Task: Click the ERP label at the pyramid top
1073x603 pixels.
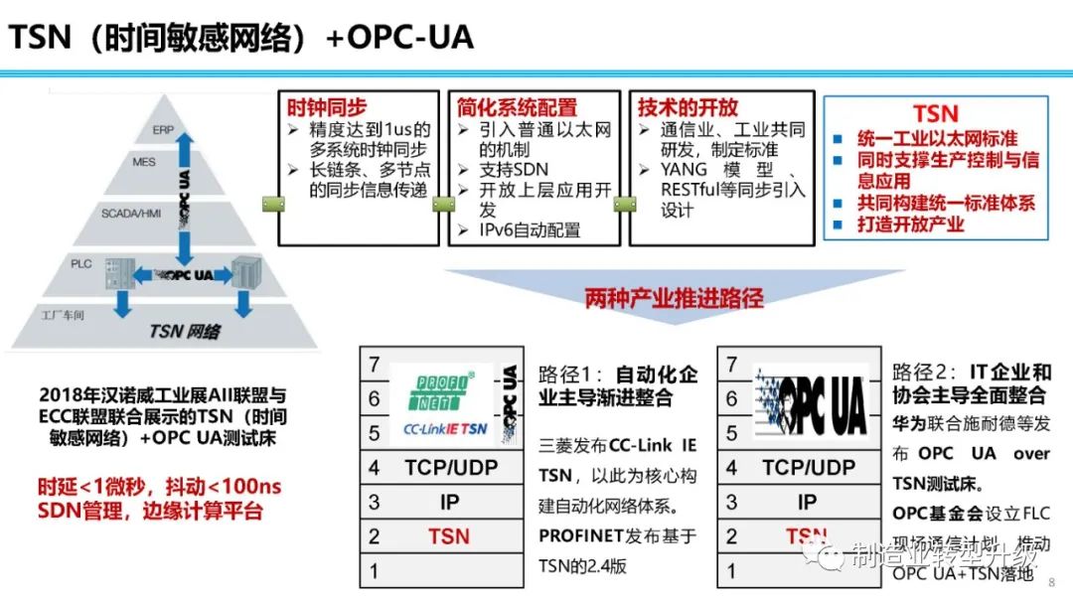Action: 163,130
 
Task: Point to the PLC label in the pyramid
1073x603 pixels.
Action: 81,264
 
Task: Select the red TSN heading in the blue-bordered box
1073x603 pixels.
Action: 935,113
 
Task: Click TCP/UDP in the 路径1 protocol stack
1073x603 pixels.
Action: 450,467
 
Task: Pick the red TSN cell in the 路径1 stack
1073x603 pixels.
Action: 449,536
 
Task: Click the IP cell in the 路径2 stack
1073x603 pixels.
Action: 807,502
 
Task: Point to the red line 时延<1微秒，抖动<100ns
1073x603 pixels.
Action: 153,488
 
